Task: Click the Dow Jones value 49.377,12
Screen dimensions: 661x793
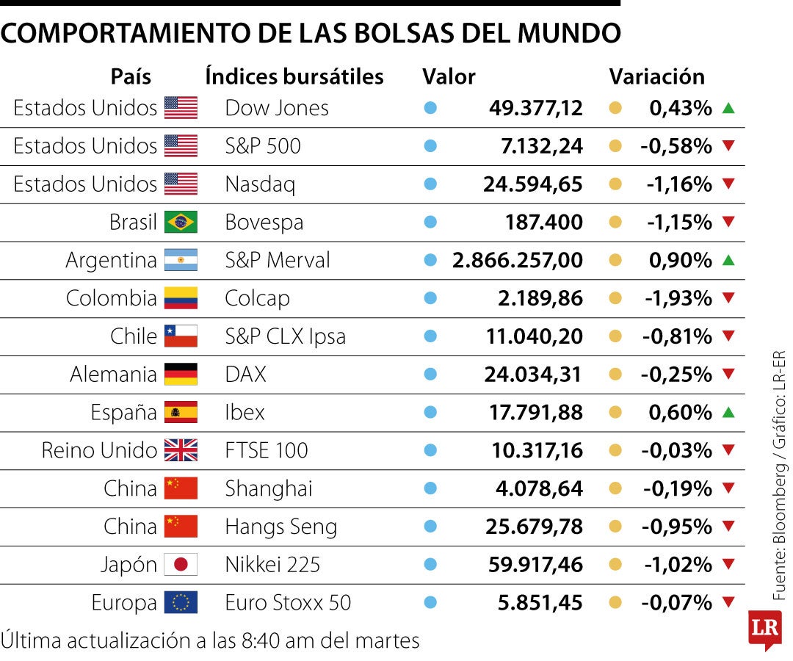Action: [x=535, y=108]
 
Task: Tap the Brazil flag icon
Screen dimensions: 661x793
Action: [x=181, y=222]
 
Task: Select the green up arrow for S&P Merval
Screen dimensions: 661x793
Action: [x=728, y=260]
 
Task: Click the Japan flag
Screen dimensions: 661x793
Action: [x=181, y=565]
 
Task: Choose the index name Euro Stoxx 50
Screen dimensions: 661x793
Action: [x=288, y=603]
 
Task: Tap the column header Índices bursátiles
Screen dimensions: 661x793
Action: [x=294, y=76]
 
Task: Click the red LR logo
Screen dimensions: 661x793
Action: [x=764, y=629]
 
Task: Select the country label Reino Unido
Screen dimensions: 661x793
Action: [x=99, y=450]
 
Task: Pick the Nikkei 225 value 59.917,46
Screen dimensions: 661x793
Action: [x=535, y=565]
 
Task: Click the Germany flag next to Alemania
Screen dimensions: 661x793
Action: [x=181, y=375]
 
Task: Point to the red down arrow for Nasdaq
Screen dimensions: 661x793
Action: [x=728, y=184]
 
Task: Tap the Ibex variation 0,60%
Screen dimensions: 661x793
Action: [x=680, y=413]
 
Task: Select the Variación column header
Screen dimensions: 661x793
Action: [x=656, y=76]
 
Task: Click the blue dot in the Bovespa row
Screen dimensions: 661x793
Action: [x=431, y=222]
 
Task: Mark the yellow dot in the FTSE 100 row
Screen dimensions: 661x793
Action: [x=615, y=450]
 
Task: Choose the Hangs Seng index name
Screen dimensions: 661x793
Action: [x=280, y=527]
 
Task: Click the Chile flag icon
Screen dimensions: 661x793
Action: [x=181, y=336]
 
